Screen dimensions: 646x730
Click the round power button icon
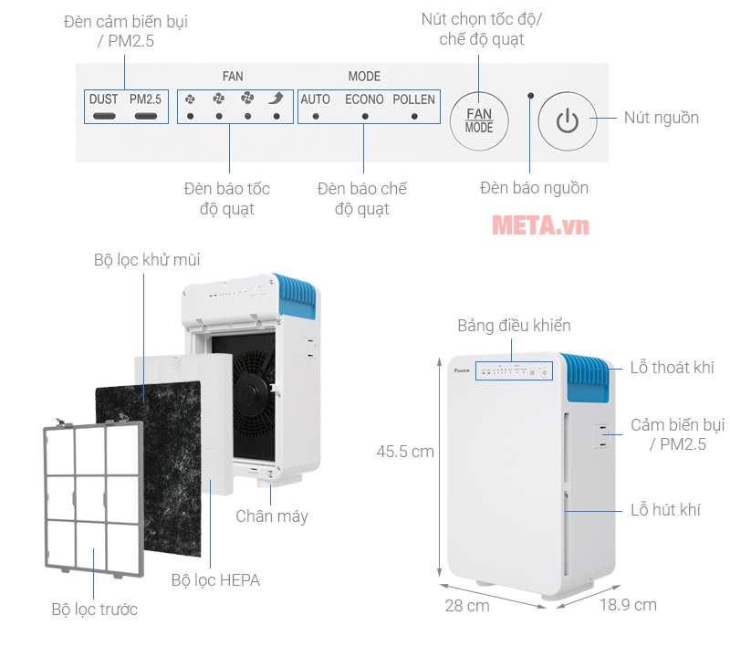pyautogui.click(x=567, y=120)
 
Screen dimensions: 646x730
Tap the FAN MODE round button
pyautogui.click(x=479, y=120)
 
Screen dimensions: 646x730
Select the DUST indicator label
pyautogui.click(x=103, y=99)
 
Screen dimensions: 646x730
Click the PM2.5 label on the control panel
pyautogui.click(x=145, y=99)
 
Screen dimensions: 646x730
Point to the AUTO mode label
pyautogui.click(x=316, y=99)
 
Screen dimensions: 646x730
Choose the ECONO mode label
pyautogui.click(x=364, y=99)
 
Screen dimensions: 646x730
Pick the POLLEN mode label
pyautogui.click(x=414, y=99)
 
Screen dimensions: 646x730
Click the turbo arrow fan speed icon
pyautogui.click(x=276, y=99)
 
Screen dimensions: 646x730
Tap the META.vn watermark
pyautogui.click(x=540, y=224)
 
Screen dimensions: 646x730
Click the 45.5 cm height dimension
pyautogui.click(x=405, y=451)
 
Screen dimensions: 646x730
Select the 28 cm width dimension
pyautogui.click(x=467, y=606)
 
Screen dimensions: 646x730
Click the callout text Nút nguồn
pyautogui.click(x=661, y=118)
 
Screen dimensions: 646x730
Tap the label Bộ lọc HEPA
pyautogui.click(x=215, y=579)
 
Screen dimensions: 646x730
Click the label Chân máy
pyautogui.click(x=272, y=516)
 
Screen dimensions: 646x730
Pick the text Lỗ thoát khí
pyautogui.click(x=672, y=368)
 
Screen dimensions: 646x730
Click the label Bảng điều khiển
pyautogui.click(x=514, y=326)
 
